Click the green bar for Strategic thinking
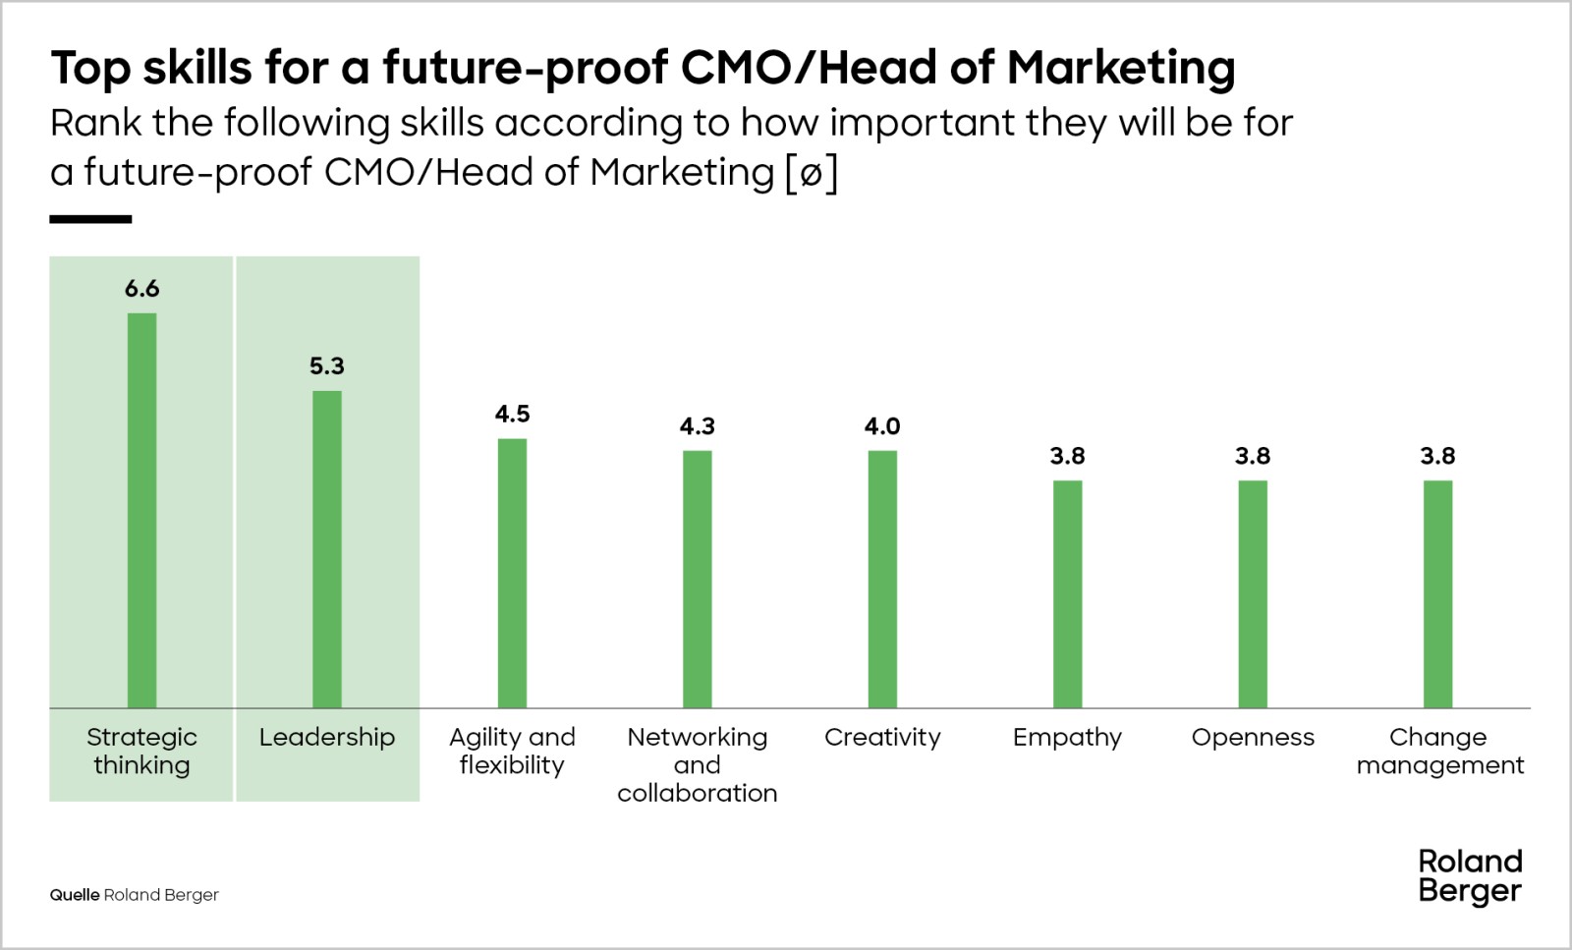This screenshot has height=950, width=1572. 141,511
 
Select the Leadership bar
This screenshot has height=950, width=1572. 327,549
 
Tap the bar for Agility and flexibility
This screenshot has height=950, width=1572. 512,573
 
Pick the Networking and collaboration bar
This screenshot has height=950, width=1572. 698,579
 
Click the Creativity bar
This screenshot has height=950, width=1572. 882,579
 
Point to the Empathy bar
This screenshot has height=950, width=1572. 1067,594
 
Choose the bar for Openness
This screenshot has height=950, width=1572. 1253,594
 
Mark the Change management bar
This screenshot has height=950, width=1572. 1437,594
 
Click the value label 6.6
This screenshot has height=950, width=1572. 141,289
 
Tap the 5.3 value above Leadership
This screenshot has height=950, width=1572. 327,366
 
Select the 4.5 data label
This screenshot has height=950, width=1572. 512,414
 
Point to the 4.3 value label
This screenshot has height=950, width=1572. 698,426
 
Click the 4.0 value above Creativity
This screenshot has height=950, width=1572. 882,426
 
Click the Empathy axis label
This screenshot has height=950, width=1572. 1067,738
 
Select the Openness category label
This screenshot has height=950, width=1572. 1253,738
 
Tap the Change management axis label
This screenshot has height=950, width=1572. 1439,752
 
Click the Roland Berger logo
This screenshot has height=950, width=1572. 1470,876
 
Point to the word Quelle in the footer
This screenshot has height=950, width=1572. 75,895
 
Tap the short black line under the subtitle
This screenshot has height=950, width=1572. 90,219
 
